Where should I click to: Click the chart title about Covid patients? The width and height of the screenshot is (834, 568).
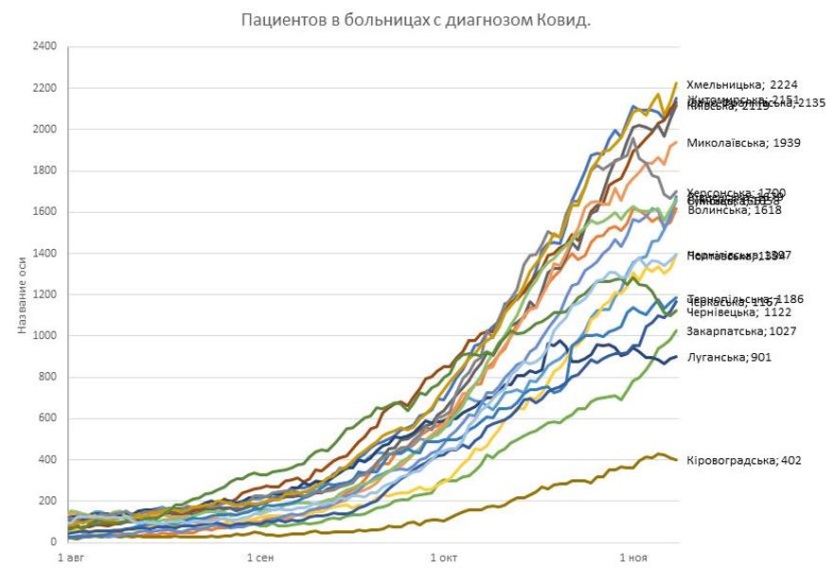tap(416, 20)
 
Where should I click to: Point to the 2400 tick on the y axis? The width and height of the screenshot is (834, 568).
tap(44, 46)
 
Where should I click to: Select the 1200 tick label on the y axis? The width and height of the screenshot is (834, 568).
tap(44, 294)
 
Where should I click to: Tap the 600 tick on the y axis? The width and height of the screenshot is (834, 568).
tap(47, 418)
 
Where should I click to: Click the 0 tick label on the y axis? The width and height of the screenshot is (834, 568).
tap(53, 542)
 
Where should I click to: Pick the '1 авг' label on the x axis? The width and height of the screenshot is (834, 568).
tap(73, 558)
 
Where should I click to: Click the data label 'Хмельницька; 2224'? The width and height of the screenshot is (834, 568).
tap(741, 84)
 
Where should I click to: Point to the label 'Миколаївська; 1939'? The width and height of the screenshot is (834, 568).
tap(743, 143)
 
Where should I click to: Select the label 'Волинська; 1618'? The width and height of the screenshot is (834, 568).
tap(735, 210)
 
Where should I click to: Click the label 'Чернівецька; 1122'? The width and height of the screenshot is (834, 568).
tap(735, 311)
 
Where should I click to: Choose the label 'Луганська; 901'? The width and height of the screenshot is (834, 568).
tap(728, 357)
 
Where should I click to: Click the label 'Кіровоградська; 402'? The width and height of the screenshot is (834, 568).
tap(744, 460)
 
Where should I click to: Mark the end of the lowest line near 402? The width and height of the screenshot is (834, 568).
tap(676, 459)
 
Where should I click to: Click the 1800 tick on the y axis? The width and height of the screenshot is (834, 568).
tap(44, 170)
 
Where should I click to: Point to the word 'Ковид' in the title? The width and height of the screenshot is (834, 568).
tap(564, 20)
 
